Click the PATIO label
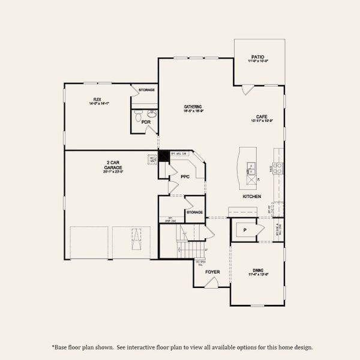(x=258, y=58)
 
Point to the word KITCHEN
(x=251, y=196)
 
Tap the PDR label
(x=146, y=122)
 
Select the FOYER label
(x=213, y=271)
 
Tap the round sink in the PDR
(x=152, y=113)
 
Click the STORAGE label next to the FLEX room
(x=146, y=90)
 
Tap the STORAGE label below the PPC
(x=194, y=212)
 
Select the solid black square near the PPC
(x=163, y=154)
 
